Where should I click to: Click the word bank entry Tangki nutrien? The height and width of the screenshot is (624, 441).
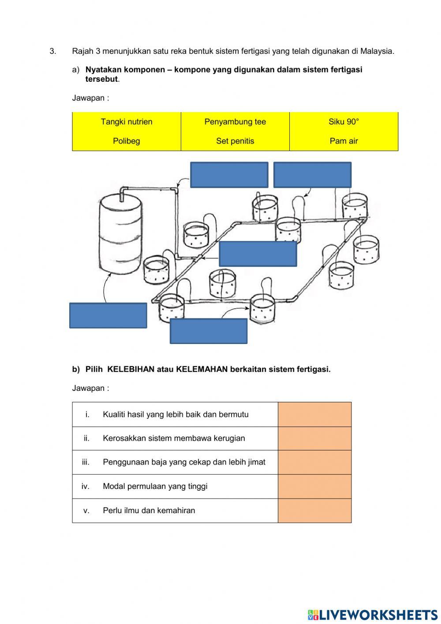pyautogui.click(x=127, y=122)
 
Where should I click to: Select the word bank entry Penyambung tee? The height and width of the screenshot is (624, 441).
pyautogui.click(x=235, y=122)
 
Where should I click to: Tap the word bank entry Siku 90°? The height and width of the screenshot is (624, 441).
pyautogui.click(x=344, y=122)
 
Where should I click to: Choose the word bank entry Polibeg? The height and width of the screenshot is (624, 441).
pyautogui.click(x=127, y=141)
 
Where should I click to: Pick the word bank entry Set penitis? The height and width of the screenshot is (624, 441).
pyautogui.click(x=235, y=141)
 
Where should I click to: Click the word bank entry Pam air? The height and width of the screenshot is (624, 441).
pyautogui.click(x=344, y=141)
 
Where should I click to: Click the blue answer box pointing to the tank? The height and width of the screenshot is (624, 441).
pyautogui.click(x=108, y=315)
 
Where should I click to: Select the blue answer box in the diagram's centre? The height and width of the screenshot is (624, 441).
pyautogui.click(x=258, y=254)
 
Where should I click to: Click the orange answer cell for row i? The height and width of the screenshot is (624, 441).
pyautogui.click(x=314, y=414)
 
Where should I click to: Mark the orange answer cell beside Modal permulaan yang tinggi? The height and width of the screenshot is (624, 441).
pyautogui.click(x=314, y=486)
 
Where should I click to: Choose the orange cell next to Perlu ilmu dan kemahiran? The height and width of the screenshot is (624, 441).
pyautogui.click(x=314, y=511)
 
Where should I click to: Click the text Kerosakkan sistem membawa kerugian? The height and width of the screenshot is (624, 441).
pyautogui.click(x=174, y=439)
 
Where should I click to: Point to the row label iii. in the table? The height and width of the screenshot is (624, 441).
pyautogui.click(x=86, y=462)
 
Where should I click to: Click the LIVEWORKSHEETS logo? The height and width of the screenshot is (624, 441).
pyautogui.click(x=373, y=615)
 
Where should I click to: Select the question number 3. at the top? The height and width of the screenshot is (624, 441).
pyautogui.click(x=53, y=51)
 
